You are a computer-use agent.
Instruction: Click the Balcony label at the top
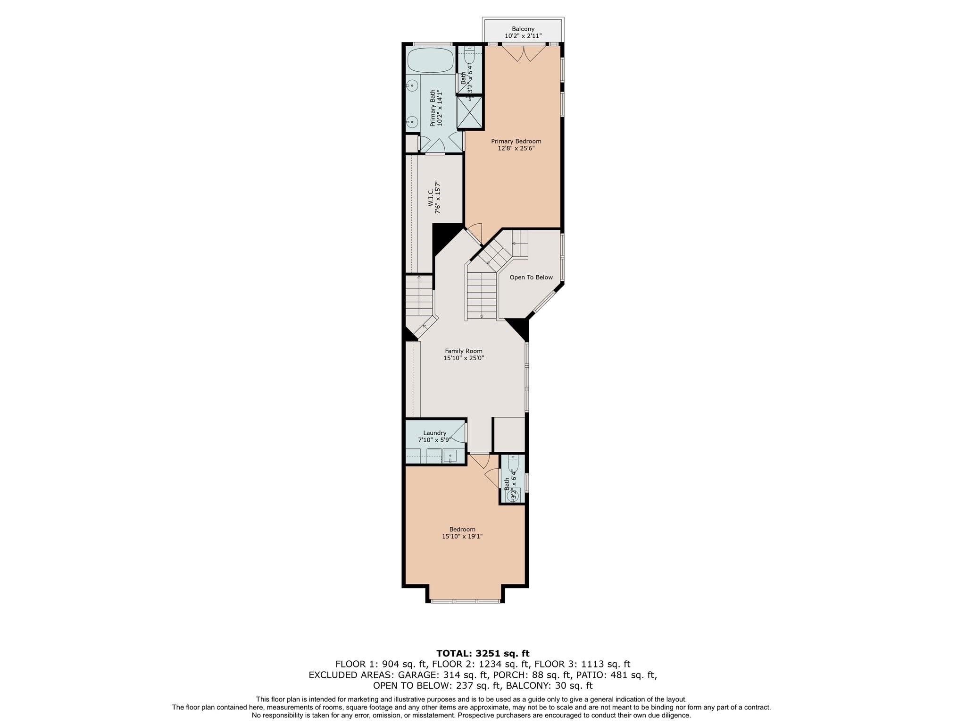point(523,29)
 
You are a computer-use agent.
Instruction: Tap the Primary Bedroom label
point(516,141)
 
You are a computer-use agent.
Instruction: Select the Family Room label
point(464,351)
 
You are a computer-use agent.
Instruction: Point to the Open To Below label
point(531,277)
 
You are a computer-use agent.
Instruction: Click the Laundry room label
point(434,433)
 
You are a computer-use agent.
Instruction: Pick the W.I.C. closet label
point(431,197)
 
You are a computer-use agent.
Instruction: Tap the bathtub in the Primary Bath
point(430,60)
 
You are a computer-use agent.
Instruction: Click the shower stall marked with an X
point(470,112)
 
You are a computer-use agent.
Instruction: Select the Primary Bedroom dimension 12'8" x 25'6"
point(516,148)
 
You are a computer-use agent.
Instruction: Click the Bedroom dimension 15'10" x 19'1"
point(462,536)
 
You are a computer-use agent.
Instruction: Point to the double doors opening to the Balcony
point(524,53)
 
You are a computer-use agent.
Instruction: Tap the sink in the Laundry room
point(450,456)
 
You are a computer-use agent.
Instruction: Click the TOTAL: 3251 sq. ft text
point(483,653)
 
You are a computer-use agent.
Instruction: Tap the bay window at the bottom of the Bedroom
point(465,601)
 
